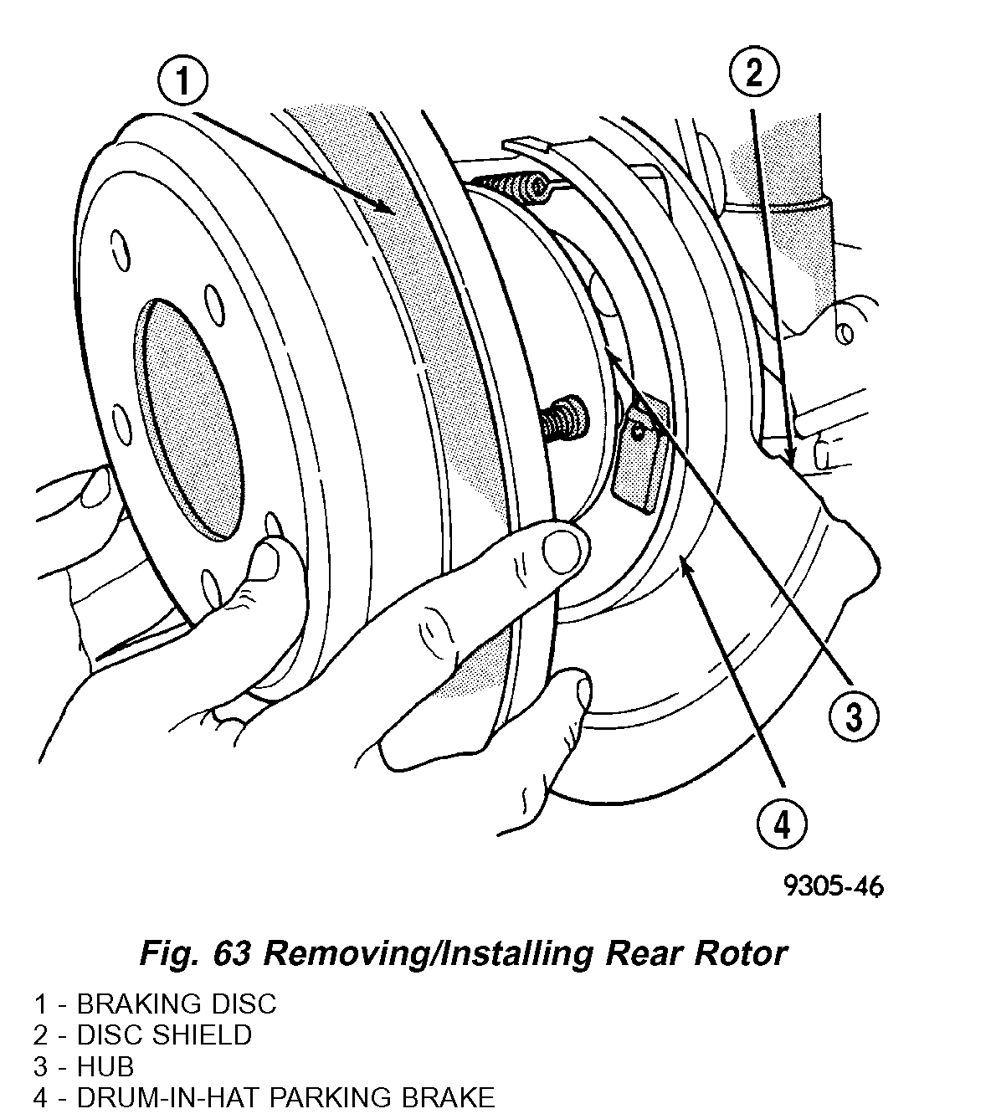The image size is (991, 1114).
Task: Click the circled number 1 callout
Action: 182,82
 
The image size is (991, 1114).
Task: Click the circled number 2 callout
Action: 754,74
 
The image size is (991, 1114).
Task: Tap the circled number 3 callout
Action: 853,716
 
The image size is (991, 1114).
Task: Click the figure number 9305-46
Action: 833,886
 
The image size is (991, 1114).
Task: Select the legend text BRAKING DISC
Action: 176,1004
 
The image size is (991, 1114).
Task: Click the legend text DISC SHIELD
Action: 164,1035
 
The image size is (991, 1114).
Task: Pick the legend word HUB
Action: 105,1066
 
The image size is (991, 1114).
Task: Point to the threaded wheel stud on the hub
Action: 562,417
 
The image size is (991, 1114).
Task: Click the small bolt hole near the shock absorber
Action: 845,335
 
